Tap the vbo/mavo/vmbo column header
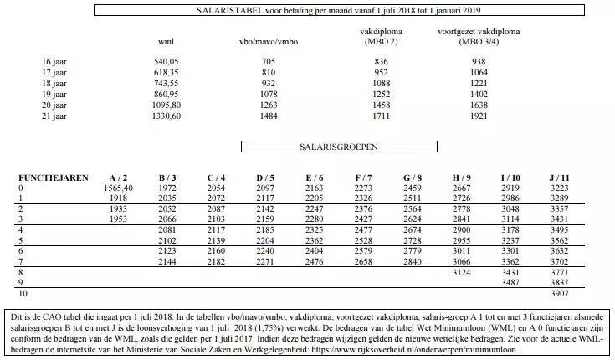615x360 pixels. [x=267, y=41]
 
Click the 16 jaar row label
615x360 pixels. [x=54, y=62]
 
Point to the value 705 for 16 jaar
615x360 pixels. [x=268, y=62]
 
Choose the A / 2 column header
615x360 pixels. [x=119, y=178]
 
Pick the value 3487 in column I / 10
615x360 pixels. [x=510, y=284]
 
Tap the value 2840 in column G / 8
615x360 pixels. [x=413, y=262]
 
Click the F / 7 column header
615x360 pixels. [x=364, y=178]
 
